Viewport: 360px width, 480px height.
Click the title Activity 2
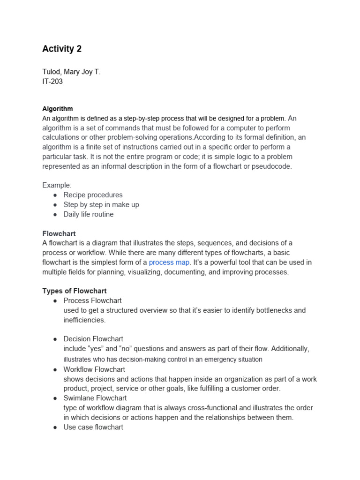coord(62,49)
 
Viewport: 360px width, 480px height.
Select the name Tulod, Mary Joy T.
coord(71,72)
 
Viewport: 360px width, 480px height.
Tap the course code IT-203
coord(52,82)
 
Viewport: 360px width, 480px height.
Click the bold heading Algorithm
coord(57,109)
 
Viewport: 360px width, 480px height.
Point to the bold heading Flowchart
coord(59,233)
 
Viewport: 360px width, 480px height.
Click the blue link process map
coord(169,262)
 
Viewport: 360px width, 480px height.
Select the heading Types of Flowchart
coord(75,291)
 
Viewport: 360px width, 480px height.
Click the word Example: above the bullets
coord(57,185)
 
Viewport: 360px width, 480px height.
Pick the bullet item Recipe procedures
coord(93,195)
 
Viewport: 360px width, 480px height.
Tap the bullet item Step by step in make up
coord(101,204)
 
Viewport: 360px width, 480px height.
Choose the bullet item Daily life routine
coord(89,214)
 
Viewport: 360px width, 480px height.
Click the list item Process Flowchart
coord(92,300)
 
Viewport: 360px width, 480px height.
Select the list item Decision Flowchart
coord(93,339)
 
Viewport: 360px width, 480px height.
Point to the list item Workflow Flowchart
coord(94,369)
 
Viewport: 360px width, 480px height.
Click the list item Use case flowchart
coord(93,427)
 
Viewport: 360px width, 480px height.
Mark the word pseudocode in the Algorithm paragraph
coord(272,166)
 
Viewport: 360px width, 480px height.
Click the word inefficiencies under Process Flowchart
coord(85,320)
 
